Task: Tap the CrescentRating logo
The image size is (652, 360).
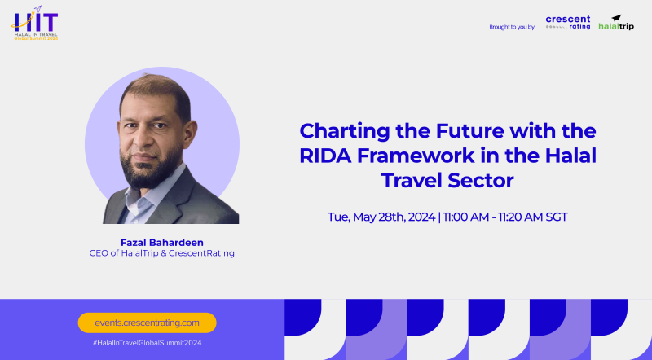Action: pyautogui.click(x=568, y=22)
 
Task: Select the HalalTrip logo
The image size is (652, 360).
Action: pyautogui.click(x=616, y=22)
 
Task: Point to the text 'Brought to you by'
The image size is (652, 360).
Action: pyautogui.click(x=511, y=27)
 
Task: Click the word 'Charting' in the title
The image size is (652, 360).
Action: pyautogui.click(x=341, y=131)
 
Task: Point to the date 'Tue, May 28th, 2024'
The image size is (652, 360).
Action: pyautogui.click(x=379, y=217)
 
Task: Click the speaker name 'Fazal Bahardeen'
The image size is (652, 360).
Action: pyautogui.click(x=161, y=241)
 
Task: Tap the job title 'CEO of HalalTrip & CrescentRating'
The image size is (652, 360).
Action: pyautogui.click(x=161, y=253)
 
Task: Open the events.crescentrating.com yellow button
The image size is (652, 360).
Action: pyautogui.click(x=147, y=323)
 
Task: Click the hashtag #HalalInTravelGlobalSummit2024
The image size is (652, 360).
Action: pyautogui.click(x=147, y=343)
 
